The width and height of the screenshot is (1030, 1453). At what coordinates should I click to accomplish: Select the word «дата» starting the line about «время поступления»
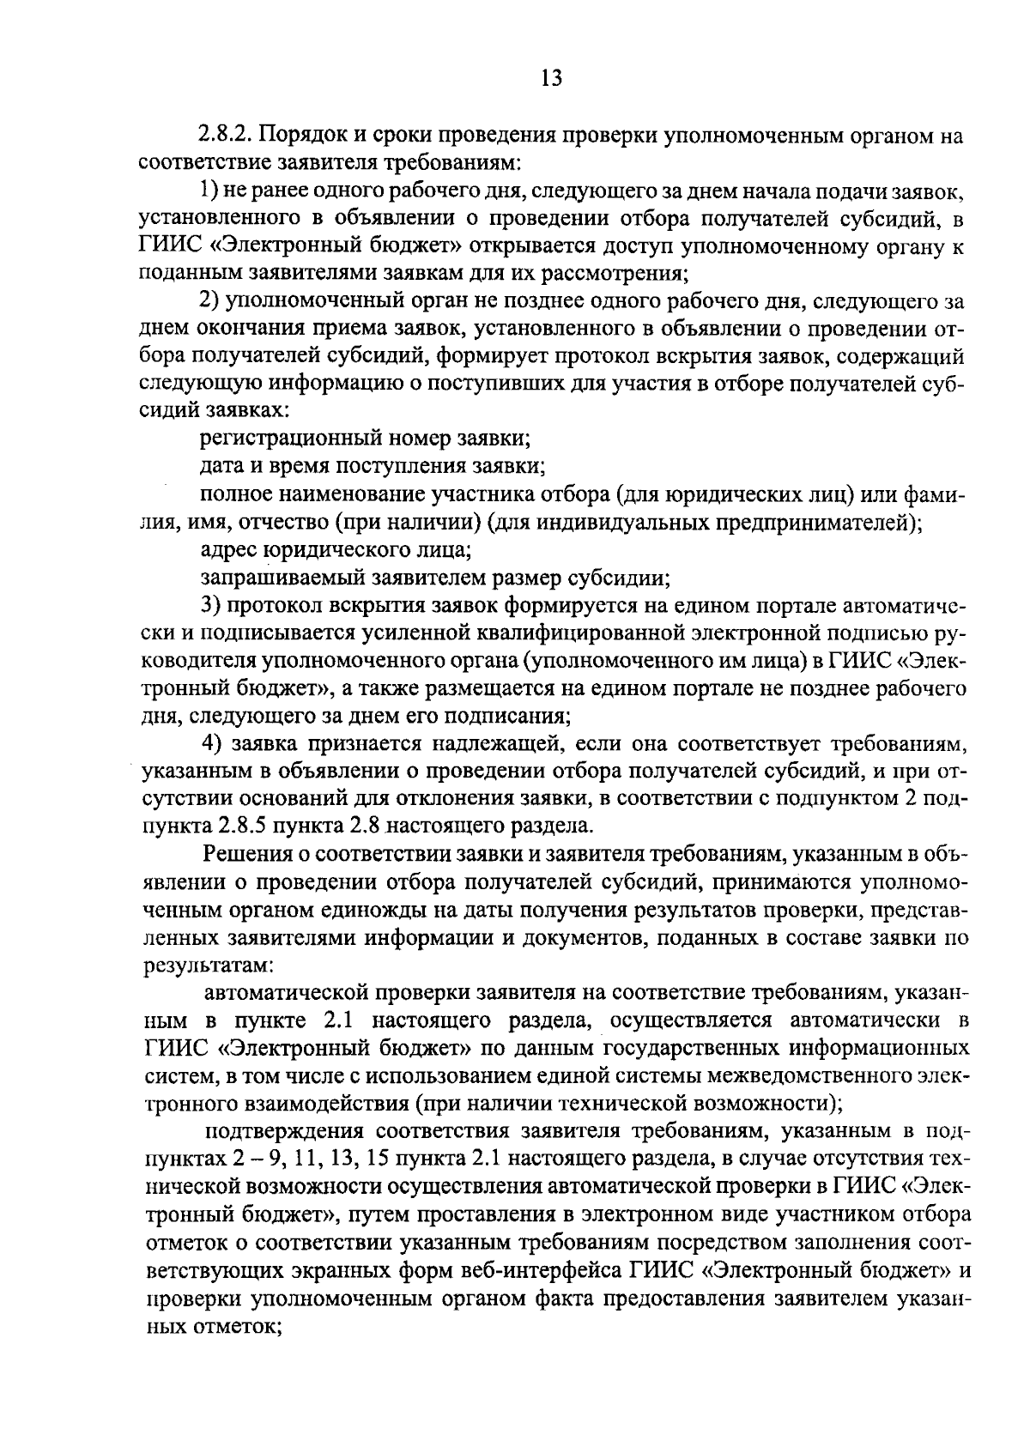point(219,467)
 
